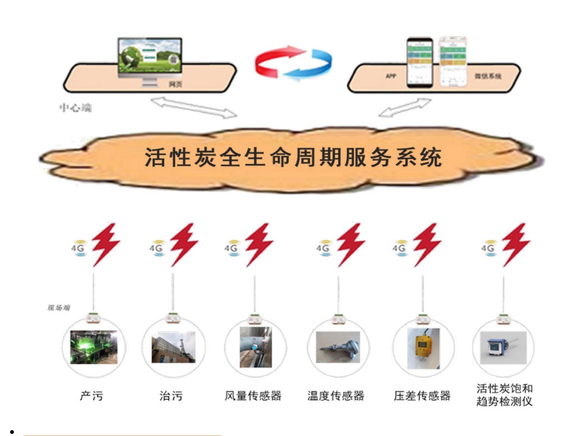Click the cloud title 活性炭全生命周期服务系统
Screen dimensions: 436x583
293,158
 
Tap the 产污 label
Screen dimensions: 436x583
91,396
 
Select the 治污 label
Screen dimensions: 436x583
171,396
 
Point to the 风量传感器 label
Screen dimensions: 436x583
253,396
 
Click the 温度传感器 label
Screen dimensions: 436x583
336,396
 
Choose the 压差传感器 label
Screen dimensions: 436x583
422,396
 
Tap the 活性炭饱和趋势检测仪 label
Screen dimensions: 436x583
504,395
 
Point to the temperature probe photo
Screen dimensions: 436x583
338,347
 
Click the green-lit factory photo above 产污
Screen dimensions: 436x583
93,347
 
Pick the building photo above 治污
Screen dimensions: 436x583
173,347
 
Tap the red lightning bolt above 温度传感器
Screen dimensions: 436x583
351,244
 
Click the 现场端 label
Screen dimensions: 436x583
59,308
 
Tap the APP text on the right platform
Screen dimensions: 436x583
391,76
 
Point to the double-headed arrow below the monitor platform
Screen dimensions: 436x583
193,106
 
